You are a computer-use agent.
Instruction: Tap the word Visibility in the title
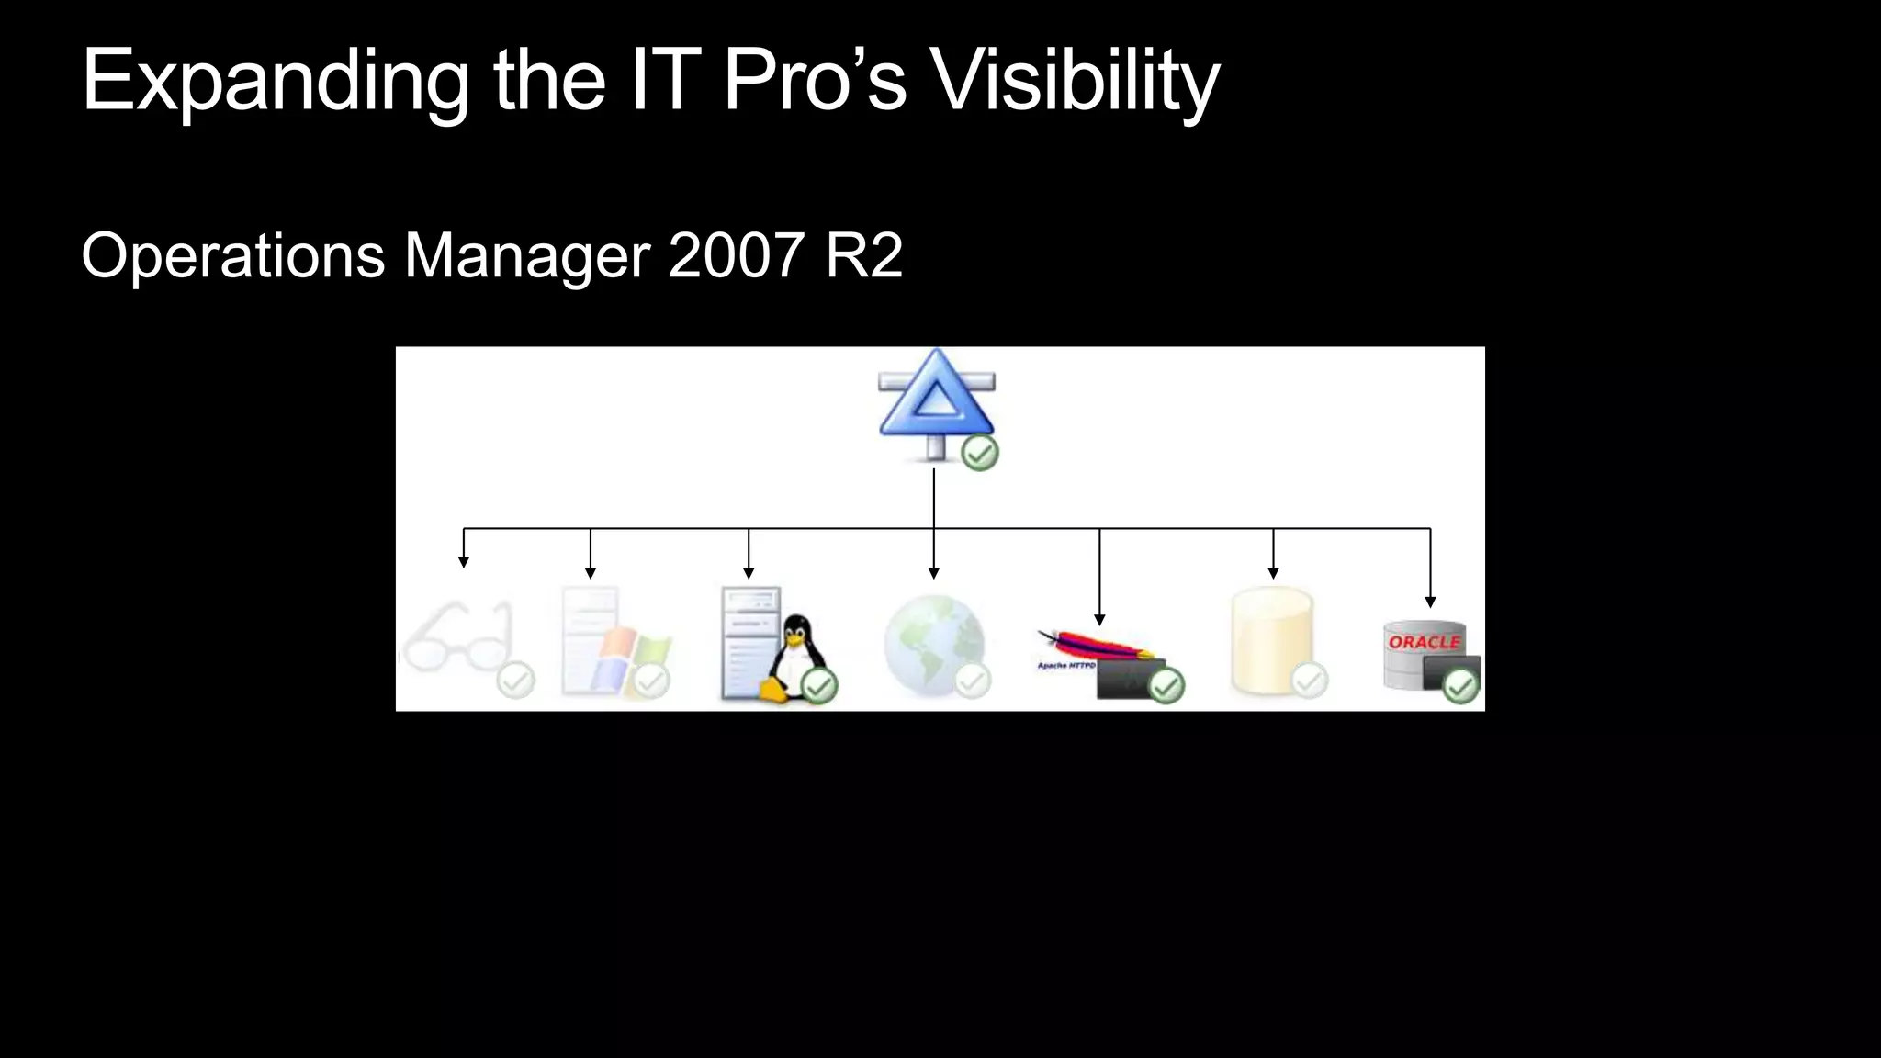(x=1075, y=83)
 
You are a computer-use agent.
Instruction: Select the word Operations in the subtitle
(x=232, y=255)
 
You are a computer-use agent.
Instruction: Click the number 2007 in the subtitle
(x=736, y=255)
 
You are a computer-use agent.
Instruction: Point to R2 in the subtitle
(x=863, y=255)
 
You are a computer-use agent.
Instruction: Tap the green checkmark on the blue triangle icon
(x=980, y=454)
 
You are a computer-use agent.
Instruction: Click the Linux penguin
(x=795, y=652)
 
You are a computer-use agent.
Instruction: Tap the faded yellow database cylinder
(x=1272, y=643)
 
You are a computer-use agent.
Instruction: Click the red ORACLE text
(x=1424, y=642)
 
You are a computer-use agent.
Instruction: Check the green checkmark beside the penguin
(x=819, y=685)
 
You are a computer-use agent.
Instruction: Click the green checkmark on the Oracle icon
(x=1460, y=686)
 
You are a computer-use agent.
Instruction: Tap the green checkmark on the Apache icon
(x=1166, y=686)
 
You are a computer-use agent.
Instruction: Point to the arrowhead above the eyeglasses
(x=464, y=562)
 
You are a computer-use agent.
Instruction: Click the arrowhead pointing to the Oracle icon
(x=1430, y=602)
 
